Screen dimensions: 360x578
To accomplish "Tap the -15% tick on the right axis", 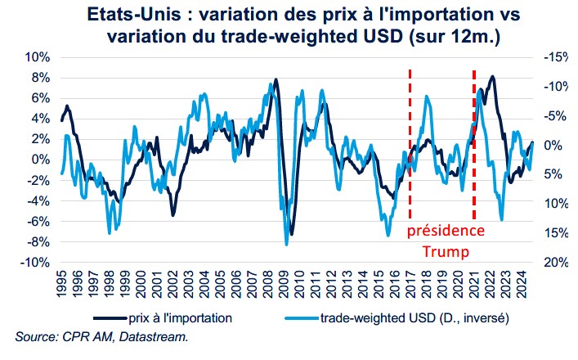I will tap(555, 57).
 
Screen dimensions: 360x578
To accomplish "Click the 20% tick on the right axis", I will tap(555, 263).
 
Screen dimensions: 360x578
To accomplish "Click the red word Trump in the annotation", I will tap(446, 250).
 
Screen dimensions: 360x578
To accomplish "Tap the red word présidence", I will tap(446, 231).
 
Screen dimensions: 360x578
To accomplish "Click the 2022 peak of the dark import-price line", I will tap(492, 77).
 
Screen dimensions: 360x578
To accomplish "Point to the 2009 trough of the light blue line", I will tap(286, 244).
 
